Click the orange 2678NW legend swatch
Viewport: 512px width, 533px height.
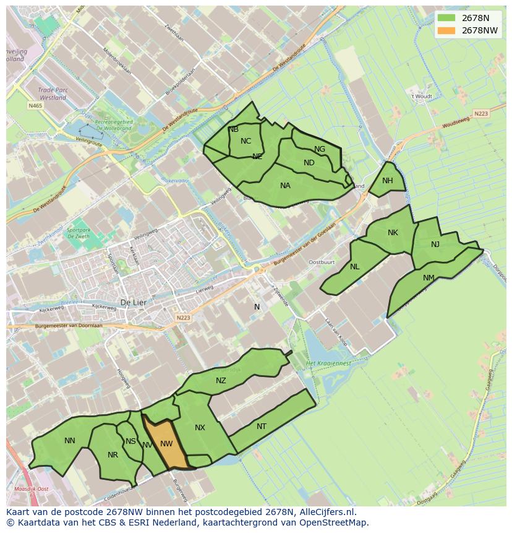(445, 30)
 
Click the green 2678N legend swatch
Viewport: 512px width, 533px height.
(445, 18)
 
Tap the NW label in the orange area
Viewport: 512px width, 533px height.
(166, 444)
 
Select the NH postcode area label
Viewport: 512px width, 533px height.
(388, 181)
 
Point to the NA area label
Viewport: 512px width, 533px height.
(285, 186)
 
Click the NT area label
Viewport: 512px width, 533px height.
(262, 427)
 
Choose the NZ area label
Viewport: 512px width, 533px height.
(221, 381)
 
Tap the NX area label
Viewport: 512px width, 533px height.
(200, 428)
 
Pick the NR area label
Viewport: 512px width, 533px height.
(113, 455)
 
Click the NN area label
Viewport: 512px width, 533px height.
(70, 441)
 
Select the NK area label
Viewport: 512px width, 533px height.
(393, 233)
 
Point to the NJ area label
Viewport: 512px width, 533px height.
(435, 245)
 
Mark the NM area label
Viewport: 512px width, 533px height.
(429, 278)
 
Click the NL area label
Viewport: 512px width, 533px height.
(354, 267)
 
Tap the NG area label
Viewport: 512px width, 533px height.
(320, 149)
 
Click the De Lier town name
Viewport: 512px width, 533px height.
(132, 303)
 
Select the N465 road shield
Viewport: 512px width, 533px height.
(35, 106)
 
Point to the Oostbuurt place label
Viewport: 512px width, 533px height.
(321, 262)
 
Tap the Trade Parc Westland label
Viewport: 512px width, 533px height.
(53, 93)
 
